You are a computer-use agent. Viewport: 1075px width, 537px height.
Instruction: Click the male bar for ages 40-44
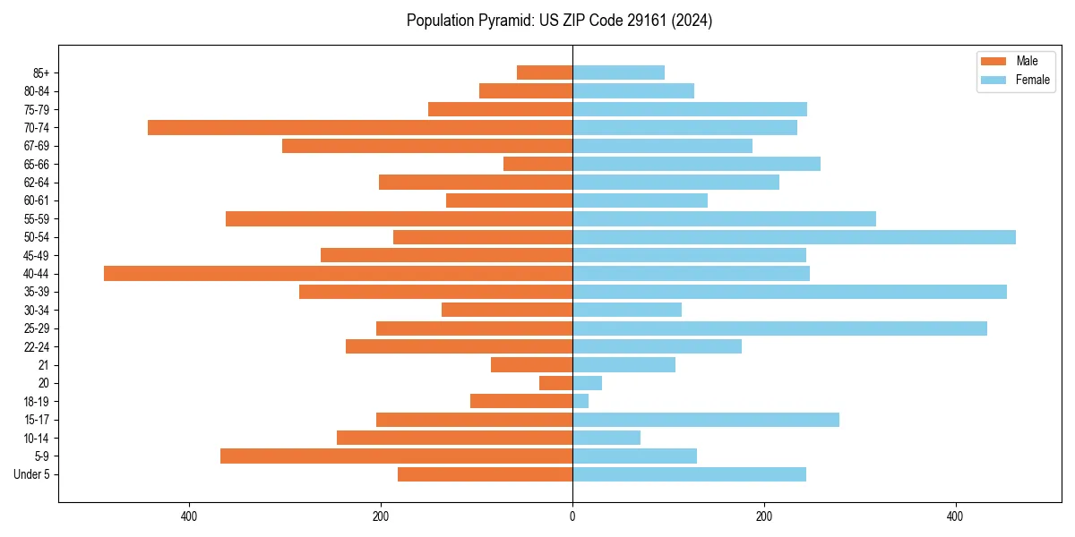pyautogui.click(x=338, y=273)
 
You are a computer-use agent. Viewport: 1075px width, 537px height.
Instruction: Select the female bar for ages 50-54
pyautogui.click(x=794, y=237)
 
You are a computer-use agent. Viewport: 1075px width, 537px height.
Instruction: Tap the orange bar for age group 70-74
pyautogui.click(x=360, y=128)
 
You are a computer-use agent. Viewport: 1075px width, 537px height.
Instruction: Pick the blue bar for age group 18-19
pyautogui.click(x=580, y=401)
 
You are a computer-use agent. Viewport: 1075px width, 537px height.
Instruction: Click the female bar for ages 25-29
pyautogui.click(x=779, y=328)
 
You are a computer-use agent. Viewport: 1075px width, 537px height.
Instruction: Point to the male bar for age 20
pyautogui.click(x=555, y=383)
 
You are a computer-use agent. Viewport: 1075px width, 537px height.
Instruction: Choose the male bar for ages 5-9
pyautogui.click(x=396, y=456)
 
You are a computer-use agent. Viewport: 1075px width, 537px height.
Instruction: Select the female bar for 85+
pyautogui.click(x=618, y=72)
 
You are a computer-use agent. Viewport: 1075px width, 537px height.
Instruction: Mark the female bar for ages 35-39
pyautogui.click(x=789, y=292)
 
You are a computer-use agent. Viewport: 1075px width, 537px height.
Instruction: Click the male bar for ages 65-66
pyautogui.click(x=537, y=164)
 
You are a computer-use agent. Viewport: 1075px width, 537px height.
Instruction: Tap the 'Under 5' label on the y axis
pyautogui.click(x=31, y=474)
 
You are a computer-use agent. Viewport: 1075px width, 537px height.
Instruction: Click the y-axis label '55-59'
pyautogui.click(x=37, y=219)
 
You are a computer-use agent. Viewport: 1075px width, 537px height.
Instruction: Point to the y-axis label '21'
pyautogui.click(x=44, y=365)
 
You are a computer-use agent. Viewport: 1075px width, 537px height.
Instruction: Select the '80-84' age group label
pyautogui.click(x=37, y=91)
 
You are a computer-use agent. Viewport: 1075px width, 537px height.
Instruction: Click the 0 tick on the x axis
pyautogui.click(x=572, y=516)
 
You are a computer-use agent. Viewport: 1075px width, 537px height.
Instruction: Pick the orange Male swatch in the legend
pyautogui.click(x=993, y=61)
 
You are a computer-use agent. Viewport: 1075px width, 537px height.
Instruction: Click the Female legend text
pyautogui.click(x=1032, y=80)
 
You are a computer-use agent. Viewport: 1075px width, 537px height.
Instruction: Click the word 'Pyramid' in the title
pyautogui.click(x=506, y=21)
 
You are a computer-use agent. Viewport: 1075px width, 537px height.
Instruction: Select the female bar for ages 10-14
pyautogui.click(x=606, y=438)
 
